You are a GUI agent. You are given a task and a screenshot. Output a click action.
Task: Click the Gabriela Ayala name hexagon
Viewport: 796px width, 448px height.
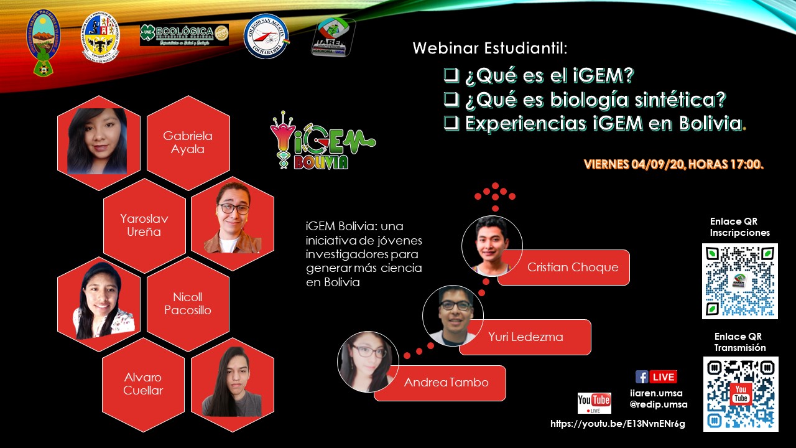click(188, 142)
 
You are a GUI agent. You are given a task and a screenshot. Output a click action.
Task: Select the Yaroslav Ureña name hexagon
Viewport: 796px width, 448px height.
click(144, 225)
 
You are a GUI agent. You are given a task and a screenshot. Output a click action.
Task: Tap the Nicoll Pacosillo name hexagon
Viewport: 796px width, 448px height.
click(188, 304)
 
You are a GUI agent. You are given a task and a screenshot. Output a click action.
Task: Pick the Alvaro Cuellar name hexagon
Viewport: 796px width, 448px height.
click(143, 384)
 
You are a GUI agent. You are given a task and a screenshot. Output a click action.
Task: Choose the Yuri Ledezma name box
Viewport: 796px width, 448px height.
click(525, 337)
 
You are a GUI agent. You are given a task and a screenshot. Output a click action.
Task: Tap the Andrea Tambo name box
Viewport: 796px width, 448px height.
click(446, 383)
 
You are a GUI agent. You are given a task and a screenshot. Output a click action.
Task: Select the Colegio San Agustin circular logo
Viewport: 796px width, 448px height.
click(266, 36)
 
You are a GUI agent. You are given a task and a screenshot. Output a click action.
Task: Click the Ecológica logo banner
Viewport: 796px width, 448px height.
click(184, 35)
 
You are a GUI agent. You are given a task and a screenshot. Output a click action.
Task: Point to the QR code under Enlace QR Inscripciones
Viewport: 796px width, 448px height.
click(739, 281)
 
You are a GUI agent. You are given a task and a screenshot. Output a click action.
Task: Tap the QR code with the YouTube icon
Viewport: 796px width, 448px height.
click(740, 394)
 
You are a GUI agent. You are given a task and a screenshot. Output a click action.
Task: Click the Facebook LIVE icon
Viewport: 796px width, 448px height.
click(655, 376)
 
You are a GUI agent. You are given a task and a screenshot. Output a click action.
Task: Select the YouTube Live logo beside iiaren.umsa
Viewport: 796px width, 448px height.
click(594, 403)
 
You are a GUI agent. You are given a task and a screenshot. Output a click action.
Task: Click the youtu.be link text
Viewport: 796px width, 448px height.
click(618, 424)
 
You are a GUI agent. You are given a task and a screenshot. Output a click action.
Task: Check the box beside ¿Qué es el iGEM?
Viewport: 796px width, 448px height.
click(450, 75)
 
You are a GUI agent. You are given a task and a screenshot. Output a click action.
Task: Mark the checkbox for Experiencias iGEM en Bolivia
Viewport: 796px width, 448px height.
click(450, 123)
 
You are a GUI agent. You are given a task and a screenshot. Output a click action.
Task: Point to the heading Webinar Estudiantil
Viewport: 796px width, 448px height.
click(490, 48)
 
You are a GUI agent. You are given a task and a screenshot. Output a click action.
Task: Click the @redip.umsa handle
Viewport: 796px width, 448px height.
click(658, 404)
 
